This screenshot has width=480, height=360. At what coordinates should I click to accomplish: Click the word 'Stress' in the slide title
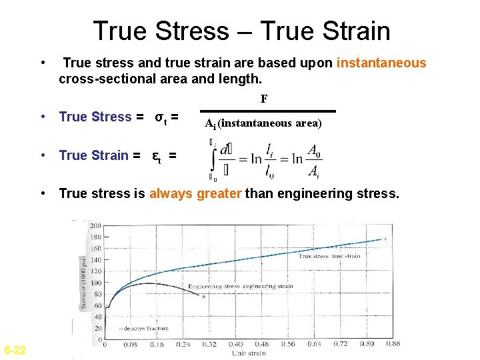(205, 31)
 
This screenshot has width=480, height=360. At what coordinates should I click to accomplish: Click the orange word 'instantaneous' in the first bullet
(381, 63)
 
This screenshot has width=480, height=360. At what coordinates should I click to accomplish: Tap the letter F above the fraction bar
(264, 99)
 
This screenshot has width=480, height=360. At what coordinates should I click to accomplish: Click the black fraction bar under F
(268, 111)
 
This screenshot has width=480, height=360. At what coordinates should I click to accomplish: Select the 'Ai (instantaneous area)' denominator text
(263, 123)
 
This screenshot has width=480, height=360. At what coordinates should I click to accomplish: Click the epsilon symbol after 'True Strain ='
(156, 156)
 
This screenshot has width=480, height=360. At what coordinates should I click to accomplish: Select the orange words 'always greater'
(196, 194)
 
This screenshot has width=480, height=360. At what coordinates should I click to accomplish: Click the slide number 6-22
(15, 350)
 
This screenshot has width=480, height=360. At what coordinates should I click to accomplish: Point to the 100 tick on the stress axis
(96, 283)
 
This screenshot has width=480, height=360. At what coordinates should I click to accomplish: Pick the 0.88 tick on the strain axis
(392, 345)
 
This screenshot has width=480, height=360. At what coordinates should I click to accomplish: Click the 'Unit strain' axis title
(248, 353)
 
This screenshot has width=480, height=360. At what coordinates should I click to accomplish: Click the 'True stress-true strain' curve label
(329, 256)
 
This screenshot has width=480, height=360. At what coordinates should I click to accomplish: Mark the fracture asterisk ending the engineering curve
(203, 297)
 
